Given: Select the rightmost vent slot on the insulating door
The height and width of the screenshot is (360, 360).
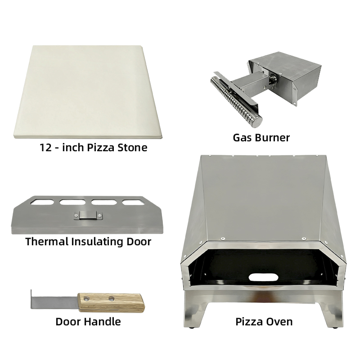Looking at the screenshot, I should (x=134, y=202).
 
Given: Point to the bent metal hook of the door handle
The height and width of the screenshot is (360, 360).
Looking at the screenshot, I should (x=33, y=299).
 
